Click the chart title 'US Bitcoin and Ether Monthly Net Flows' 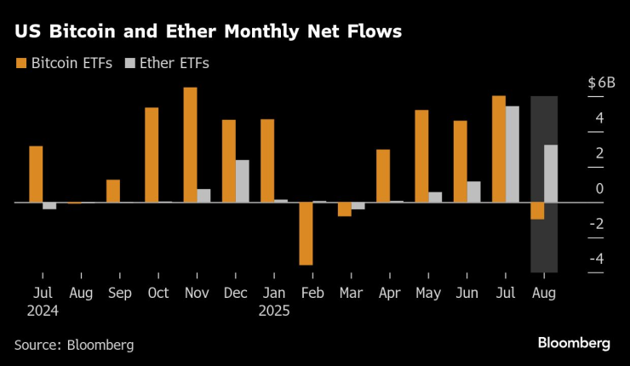(208, 32)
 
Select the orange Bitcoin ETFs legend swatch (20, 63)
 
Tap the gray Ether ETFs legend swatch (130, 63)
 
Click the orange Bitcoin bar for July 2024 (36, 174)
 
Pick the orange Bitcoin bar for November (190, 145)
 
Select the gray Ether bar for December (243, 181)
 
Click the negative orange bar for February (306, 233)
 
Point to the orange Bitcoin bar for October (152, 155)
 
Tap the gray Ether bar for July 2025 (513, 154)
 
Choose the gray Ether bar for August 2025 (551, 174)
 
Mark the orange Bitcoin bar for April (383, 176)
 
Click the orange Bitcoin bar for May (421, 156)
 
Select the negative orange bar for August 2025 (537, 211)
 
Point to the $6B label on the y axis (601, 83)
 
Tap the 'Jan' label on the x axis (273, 292)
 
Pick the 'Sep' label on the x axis (119, 292)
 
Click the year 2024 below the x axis (43, 311)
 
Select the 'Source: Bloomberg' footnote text (74, 345)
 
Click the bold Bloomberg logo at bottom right (574, 342)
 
